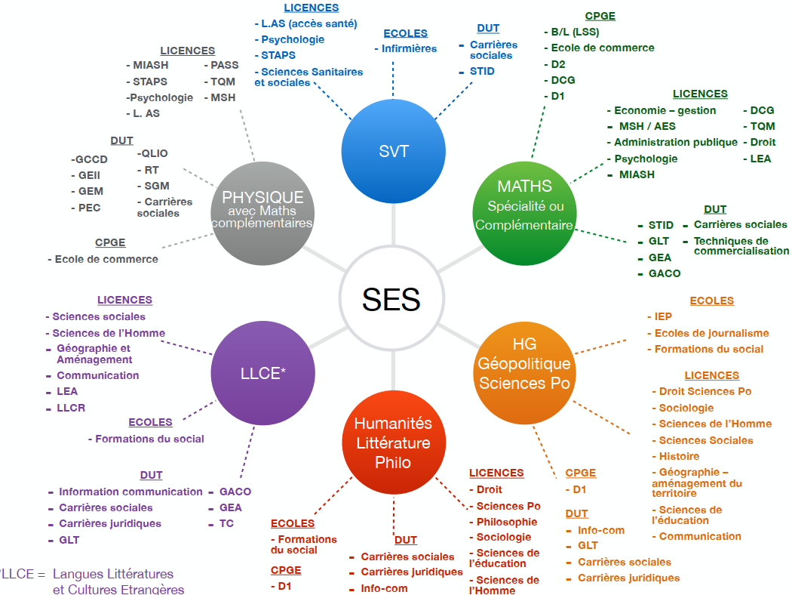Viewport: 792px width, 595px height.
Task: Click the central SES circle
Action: (x=392, y=298)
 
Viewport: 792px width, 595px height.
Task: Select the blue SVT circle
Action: (x=394, y=151)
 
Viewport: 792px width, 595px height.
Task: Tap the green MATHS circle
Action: (x=524, y=213)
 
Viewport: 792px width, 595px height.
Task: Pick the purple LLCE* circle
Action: (x=262, y=373)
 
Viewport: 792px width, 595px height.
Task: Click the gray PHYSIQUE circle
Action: (x=262, y=213)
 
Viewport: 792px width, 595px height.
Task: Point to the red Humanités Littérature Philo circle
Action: (x=394, y=442)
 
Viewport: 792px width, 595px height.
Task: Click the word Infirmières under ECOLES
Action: (x=409, y=48)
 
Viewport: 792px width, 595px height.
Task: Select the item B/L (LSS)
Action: (x=575, y=32)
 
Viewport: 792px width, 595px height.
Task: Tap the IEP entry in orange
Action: (x=663, y=316)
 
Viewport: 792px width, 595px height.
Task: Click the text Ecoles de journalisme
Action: (x=712, y=333)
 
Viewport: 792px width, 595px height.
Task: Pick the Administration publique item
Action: (x=676, y=143)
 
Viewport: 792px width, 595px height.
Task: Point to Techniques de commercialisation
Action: (x=741, y=245)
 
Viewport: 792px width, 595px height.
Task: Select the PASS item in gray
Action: (x=224, y=65)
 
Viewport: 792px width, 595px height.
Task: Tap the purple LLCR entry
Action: (x=71, y=408)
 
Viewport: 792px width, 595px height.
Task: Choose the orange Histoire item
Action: (x=679, y=457)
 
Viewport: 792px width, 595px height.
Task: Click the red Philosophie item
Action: (x=507, y=523)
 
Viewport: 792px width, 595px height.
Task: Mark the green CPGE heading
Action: (x=600, y=16)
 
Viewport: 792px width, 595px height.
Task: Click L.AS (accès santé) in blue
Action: (x=309, y=23)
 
